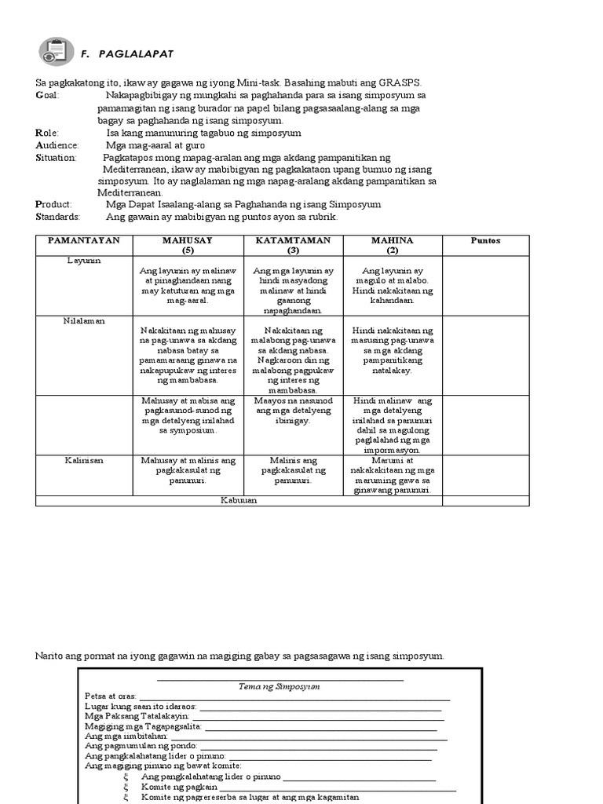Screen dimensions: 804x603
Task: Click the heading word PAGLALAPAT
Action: pos(136,53)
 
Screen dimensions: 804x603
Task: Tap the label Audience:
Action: pos(57,145)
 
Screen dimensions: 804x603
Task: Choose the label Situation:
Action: pos(57,158)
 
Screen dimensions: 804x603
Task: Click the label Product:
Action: pos(53,204)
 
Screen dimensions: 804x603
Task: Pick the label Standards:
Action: pos(57,217)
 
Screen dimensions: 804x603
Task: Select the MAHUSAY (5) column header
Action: pos(188,245)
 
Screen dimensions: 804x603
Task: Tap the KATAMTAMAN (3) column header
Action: pos(292,245)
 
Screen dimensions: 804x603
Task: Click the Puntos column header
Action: pos(484,240)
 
